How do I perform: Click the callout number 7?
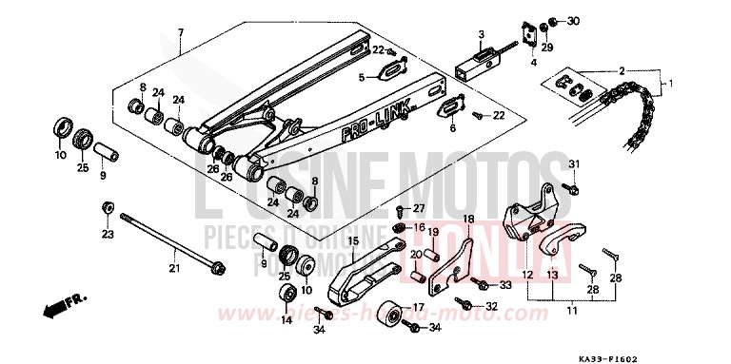180,35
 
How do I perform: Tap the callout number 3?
482,34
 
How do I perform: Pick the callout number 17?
417,306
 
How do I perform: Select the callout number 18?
468,220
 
